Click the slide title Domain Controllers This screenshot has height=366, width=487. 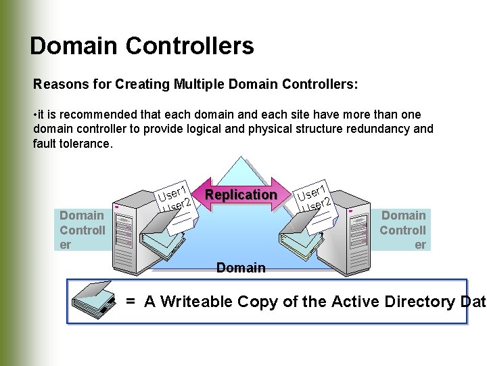(x=142, y=46)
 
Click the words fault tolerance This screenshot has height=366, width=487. (x=72, y=144)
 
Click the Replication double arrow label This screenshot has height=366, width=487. (x=241, y=195)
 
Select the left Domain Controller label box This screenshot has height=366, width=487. (x=82, y=230)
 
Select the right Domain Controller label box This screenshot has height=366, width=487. (x=403, y=230)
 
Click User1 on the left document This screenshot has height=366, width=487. (x=173, y=191)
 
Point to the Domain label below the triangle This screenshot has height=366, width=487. (x=241, y=268)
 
